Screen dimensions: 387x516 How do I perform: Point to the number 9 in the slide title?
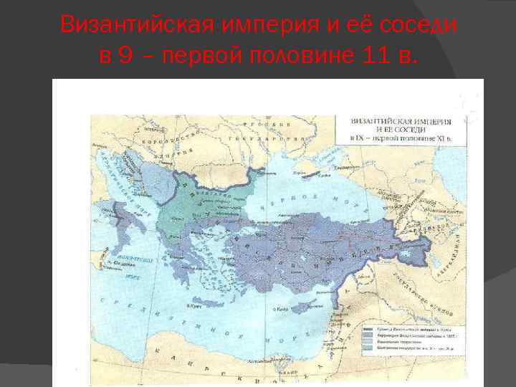[126, 56]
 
